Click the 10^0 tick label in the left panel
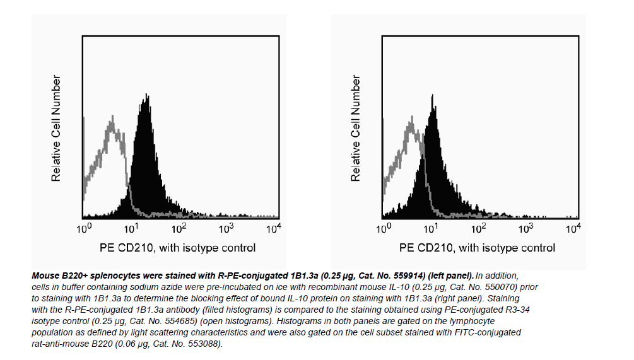point(85,228)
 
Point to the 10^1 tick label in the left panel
point(132,228)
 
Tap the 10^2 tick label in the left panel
point(179,228)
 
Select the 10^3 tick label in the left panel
point(226,228)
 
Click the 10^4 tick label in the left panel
point(273,228)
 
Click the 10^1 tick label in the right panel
point(431,228)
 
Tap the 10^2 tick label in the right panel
point(478,228)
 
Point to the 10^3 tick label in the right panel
point(525,228)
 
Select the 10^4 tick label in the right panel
point(572,228)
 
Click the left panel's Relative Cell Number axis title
point(57,129)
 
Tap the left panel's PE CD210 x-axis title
point(177,248)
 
